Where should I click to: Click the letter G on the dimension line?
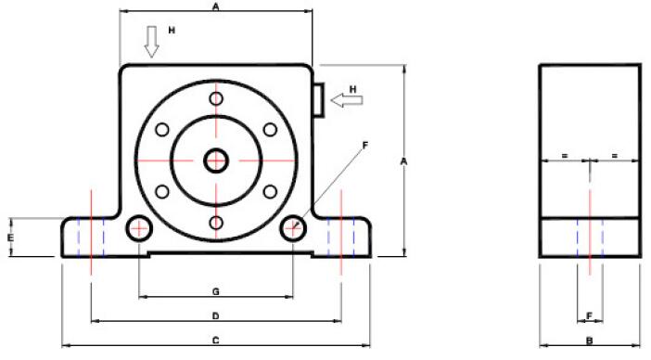[x=216, y=292]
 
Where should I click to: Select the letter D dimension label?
[x=216, y=316]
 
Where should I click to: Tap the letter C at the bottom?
[x=216, y=341]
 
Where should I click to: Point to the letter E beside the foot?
[x=11, y=238]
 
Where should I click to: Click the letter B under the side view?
[x=589, y=341]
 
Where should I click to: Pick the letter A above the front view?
[x=215, y=6]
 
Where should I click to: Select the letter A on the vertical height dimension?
[x=403, y=161]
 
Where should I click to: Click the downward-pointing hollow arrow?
[x=151, y=42]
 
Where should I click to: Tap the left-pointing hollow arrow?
[x=347, y=100]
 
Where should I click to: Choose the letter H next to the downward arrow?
[x=172, y=31]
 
